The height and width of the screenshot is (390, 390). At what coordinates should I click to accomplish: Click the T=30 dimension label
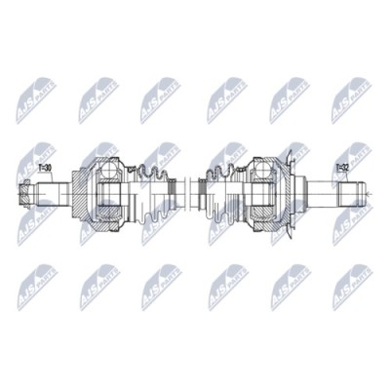pyautogui.click(x=45, y=168)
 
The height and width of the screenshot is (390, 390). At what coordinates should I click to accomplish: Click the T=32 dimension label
pyautogui.click(x=342, y=168)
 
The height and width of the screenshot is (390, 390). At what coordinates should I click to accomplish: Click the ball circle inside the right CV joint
pyautogui.click(x=263, y=175)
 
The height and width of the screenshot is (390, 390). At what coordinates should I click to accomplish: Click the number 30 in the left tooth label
pyautogui.click(x=49, y=168)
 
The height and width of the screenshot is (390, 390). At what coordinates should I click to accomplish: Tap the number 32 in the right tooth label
pyautogui.click(x=346, y=168)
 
